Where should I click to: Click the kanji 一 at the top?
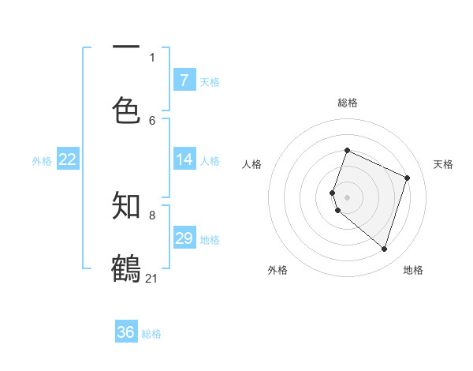(126, 46)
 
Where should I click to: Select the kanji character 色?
(126, 111)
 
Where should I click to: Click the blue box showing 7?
(184, 80)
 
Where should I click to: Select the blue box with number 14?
(184, 159)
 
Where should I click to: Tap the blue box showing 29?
(184, 238)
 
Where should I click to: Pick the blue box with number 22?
(68, 159)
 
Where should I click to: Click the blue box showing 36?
(126, 332)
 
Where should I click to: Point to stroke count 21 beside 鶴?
(151, 278)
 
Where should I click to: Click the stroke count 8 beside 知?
(152, 215)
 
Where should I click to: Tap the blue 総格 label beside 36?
(151, 334)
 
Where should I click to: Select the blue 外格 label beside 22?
(42, 161)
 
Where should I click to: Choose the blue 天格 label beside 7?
(210, 81)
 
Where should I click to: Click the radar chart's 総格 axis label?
(347, 103)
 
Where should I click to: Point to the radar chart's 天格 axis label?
(443, 164)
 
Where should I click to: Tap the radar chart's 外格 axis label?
(277, 270)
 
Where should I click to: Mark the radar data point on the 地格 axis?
(384, 249)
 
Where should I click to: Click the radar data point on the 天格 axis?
(407, 178)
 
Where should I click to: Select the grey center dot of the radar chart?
(347, 197)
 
